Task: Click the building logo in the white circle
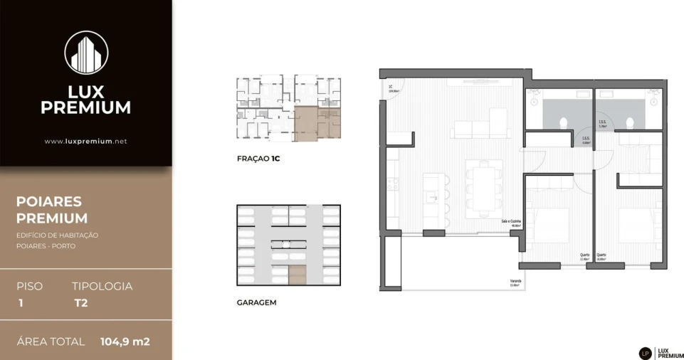(x=86, y=52)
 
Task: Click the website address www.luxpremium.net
(x=85, y=141)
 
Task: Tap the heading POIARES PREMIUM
(x=52, y=210)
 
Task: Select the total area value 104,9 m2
(x=125, y=342)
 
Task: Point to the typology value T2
(x=80, y=302)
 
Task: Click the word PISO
(x=30, y=286)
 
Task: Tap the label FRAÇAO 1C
(x=258, y=159)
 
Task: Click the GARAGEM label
(x=256, y=302)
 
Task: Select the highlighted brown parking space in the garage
(x=297, y=274)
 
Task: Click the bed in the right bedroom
(x=640, y=226)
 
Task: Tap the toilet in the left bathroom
(x=564, y=122)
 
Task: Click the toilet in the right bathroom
(x=629, y=122)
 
